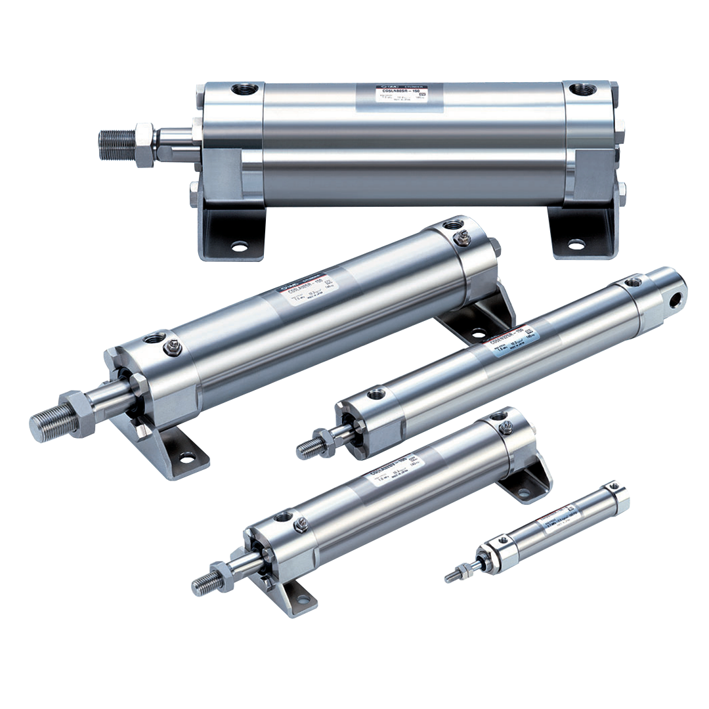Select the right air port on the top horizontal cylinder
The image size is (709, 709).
pos(580,88)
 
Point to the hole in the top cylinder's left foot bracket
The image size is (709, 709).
pos(240,246)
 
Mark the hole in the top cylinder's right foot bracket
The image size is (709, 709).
pos(576,244)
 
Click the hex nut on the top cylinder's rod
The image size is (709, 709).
pos(145,144)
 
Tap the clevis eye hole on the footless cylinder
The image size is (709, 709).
pos(675,298)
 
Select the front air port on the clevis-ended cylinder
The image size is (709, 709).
pos(376,395)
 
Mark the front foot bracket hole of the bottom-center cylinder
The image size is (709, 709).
pos(303,599)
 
